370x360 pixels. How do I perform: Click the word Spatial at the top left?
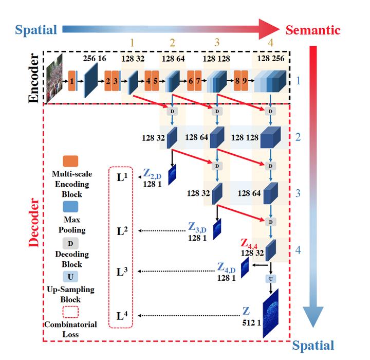[36, 30]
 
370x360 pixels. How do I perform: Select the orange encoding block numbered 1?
[72, 81]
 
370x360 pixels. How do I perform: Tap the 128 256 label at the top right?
[270, 59]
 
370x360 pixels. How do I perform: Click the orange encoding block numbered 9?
[245, 81]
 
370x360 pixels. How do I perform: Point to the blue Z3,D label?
[197, 227]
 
